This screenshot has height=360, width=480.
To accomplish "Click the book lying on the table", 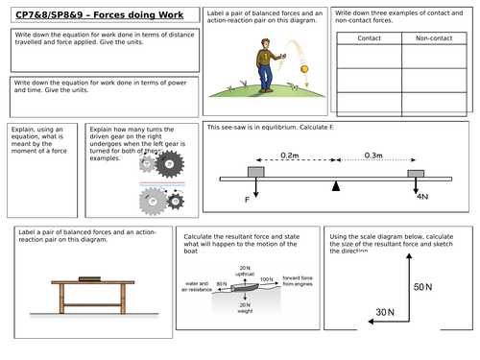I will pyautogui.click(x=89, y=278).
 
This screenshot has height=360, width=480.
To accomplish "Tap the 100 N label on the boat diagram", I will pyautogui.click(x=266, y=283).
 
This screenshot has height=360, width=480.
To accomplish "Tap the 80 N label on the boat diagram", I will pyautogui.click(x=222, y=284).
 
